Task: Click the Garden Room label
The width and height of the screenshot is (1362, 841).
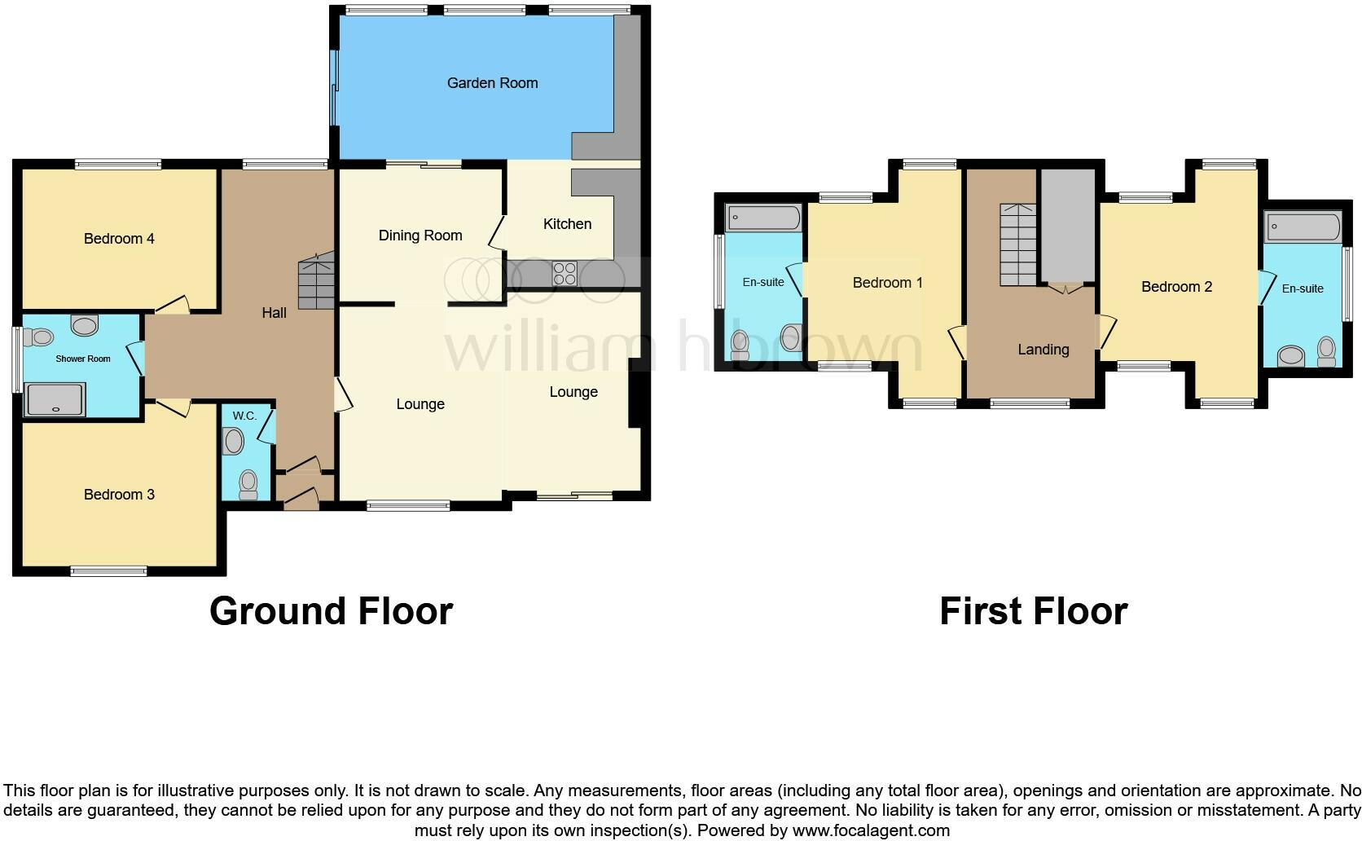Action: [492, 82]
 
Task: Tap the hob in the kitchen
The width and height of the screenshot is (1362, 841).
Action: [565, 273]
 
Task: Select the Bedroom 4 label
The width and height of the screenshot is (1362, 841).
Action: [119, 239]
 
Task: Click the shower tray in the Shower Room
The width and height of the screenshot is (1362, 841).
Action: [55, 399]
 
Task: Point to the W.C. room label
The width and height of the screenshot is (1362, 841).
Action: [244, 416]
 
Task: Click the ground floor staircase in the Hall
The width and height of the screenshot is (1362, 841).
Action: [315, 281]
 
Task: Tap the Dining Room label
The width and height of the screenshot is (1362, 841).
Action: [420, 236]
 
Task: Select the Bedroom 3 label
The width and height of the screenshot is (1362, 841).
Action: [119, 495]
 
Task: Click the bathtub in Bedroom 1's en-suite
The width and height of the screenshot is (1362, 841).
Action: [764, 218]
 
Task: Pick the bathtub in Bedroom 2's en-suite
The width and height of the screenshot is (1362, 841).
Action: [1303, 227]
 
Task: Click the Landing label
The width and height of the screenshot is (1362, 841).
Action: [1043, 350]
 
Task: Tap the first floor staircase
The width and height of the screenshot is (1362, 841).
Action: [1018, 244]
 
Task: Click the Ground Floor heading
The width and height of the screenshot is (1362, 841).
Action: [331, 611]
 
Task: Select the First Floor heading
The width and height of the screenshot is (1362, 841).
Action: [1033, 611]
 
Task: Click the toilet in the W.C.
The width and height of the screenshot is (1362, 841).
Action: [248, 484]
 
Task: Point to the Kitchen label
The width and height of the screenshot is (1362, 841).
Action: [567, 224]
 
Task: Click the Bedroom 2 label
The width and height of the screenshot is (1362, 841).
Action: [1176, 287]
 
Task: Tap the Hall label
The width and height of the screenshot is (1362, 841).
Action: [274, 313]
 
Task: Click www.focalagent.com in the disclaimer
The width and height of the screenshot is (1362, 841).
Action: [871, 831]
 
